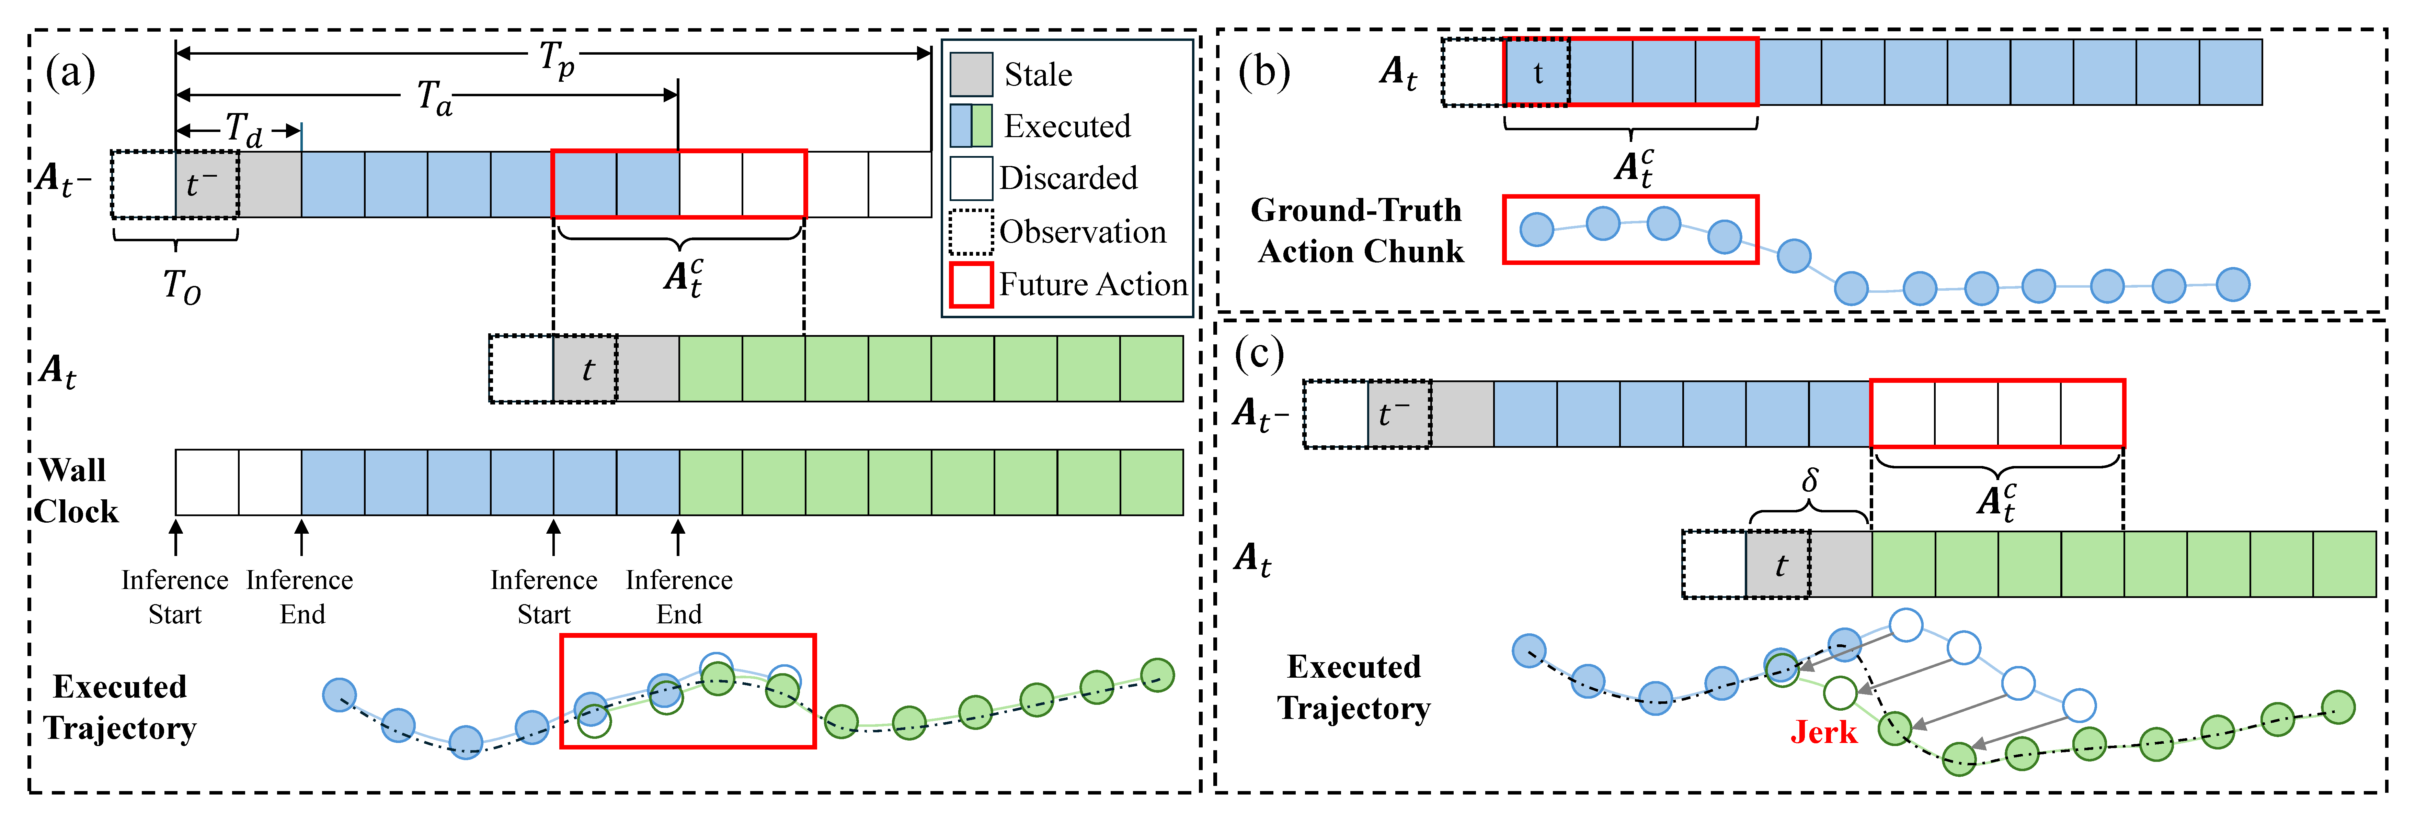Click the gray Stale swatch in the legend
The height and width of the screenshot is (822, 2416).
point(971,74)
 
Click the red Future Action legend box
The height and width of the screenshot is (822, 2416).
point(971,284)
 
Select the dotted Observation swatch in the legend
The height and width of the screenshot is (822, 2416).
point(971,232)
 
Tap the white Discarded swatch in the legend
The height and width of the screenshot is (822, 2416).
point(971,178)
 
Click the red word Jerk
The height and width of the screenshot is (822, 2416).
point(1823,732)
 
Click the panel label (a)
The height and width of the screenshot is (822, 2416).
point(70,72)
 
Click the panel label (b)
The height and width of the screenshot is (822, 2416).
point(1263,72)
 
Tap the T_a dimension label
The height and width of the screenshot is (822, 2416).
point(434,98)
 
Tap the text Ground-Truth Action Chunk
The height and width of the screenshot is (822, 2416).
point(1357,231)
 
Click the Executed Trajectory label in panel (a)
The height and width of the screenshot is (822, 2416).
point(120,708)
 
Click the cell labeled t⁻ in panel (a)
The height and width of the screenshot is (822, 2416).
point(206,184)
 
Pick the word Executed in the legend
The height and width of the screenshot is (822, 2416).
point(1067,126)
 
